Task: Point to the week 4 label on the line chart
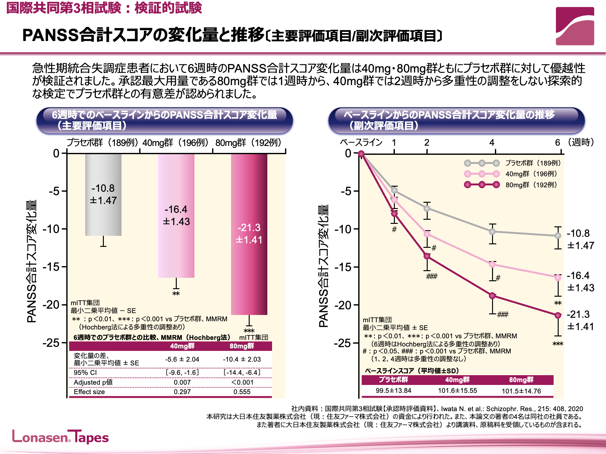pos(492,143)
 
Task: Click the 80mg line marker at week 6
pos(558,315)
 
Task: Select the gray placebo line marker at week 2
pos(427,208)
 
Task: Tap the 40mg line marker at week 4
pos(492,264)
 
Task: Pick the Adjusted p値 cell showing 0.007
pos(182,382)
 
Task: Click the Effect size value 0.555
pos(242,392)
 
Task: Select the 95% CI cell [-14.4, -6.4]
pos(242,373)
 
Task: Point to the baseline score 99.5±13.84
pos(393,391)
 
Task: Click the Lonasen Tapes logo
pos(60,437)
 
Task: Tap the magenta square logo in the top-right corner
pos(575,26)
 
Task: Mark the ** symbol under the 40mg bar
pos(176,294)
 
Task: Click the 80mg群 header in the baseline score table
pos(521,380)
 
